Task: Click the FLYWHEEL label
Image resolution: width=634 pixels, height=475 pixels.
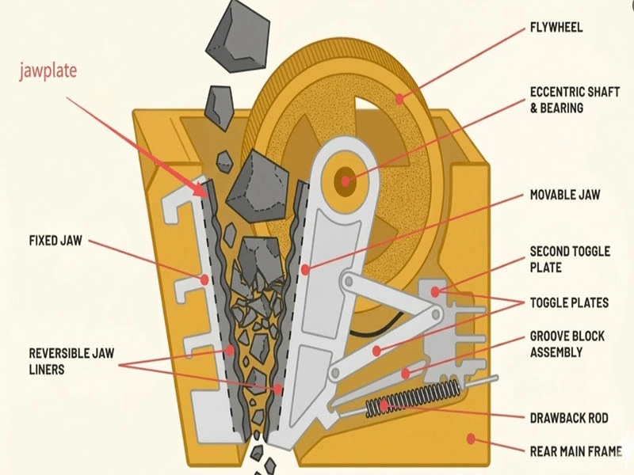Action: (556, 28)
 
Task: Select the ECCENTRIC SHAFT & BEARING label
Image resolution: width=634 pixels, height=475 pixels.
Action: (568, 99)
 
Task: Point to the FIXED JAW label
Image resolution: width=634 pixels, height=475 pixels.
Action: (55, 239)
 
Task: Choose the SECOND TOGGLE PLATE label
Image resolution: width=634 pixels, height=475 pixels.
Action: (570, 260)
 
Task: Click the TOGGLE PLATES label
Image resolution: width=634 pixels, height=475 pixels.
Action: (569, 302)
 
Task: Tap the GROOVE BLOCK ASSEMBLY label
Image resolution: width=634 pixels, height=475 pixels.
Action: (567, 344)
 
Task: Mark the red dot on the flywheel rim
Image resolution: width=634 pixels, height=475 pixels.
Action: (400, 99)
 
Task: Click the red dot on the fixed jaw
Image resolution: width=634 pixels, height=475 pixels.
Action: (204, 279)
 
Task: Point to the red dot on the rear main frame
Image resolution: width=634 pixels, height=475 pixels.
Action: (472, 437)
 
